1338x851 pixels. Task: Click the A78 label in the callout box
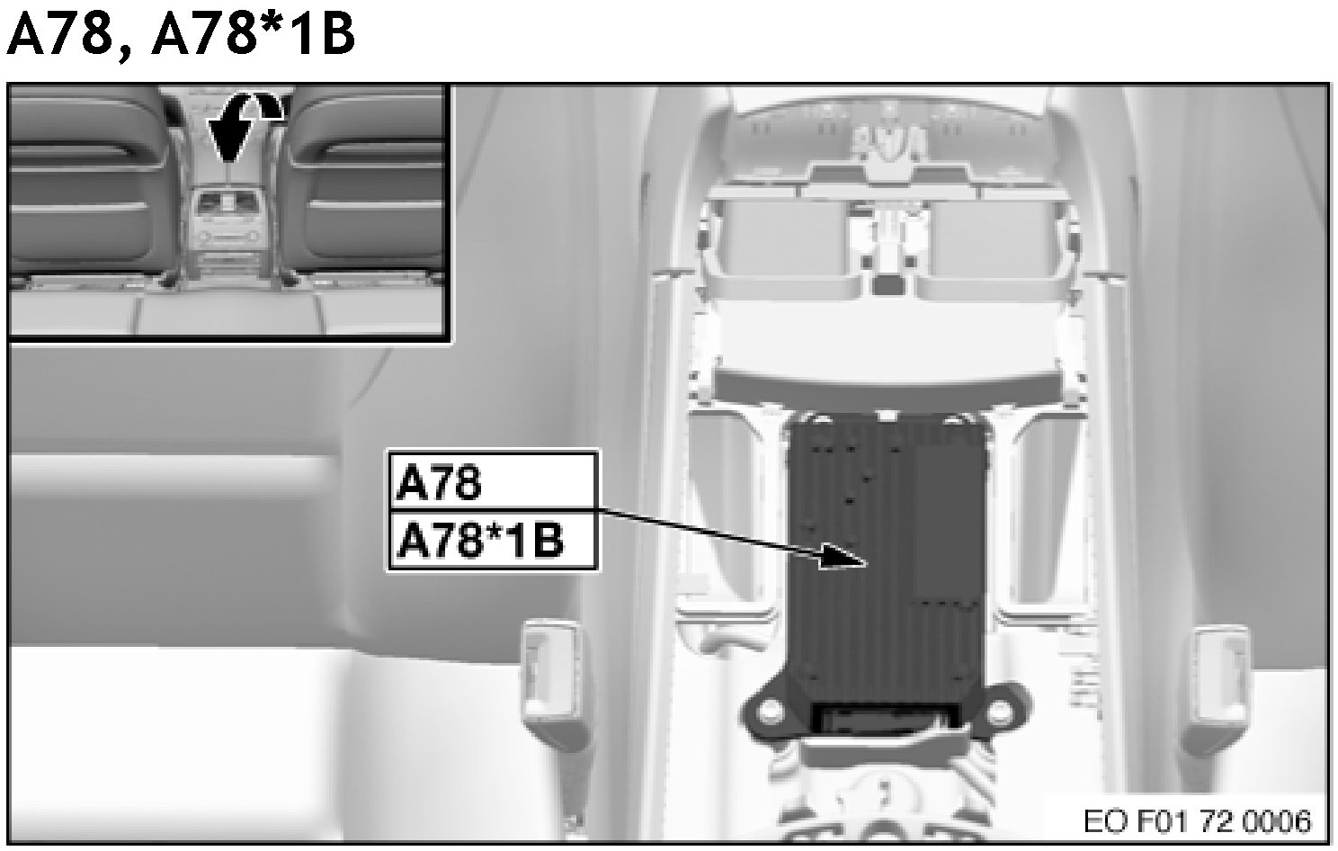coord(439,483)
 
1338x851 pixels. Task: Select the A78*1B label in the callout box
coord(479,541)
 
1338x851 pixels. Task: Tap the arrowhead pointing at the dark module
coord(843,556)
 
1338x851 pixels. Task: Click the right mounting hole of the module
coord(1000,711)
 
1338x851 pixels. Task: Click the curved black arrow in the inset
coord(244,128)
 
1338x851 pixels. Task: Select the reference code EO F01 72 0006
coord(1198,821)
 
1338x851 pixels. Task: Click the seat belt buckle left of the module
coord(552,673)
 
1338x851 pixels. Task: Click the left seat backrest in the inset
coord(90,183)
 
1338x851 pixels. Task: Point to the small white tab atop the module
coord(887,415)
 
